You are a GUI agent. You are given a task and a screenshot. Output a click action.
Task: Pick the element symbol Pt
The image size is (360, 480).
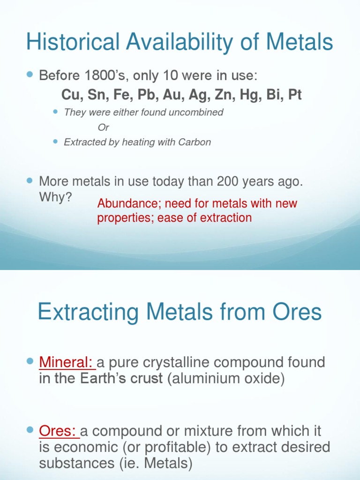click(x=295, y=95)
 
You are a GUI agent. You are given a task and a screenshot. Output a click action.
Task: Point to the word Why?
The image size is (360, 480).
click(x=55, y=197)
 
